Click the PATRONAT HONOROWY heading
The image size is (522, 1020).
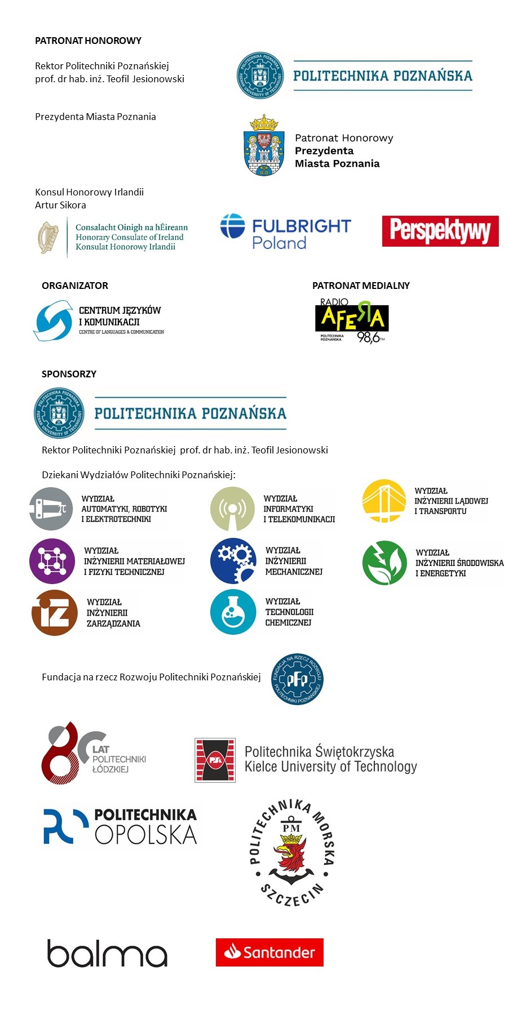point(88,41)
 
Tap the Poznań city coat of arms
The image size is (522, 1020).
point(263,145)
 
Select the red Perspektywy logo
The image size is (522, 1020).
point(440,231)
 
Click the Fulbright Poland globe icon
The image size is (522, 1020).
point(233,226)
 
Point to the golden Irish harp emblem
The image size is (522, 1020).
point(48,237)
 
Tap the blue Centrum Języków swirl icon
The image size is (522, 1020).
point(54,320)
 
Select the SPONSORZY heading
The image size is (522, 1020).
point(69,374)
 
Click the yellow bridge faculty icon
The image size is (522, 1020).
point(384,501)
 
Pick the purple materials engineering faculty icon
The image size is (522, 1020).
point(52,561)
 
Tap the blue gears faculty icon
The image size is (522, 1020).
point(233,561)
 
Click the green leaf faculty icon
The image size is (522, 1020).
point(384,563)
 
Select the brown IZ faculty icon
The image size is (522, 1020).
point(54,613)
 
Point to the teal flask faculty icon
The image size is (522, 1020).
point(233,612)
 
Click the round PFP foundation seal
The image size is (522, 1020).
point(297,680)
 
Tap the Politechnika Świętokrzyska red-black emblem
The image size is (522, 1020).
point(215,760)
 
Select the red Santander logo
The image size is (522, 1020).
point(269,952)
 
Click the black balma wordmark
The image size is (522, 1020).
point(107,953)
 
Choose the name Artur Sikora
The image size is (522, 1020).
point(60,205)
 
